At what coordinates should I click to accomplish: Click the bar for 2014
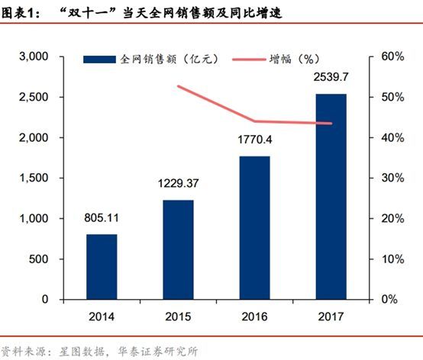click(x=101, y=267)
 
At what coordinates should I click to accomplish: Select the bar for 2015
click(x=178, y=249)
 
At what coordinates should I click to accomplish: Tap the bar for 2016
click(x=255, y=228)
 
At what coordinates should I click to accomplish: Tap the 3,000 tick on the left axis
click(x=34, y=57)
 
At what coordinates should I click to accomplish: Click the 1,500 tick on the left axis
click(x=34, y=178)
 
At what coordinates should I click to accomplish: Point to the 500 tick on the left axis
click(x=39, y=259)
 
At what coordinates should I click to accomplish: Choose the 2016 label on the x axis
click(x=255, y=315)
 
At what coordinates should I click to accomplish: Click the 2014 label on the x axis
click(x=101, y=315)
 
